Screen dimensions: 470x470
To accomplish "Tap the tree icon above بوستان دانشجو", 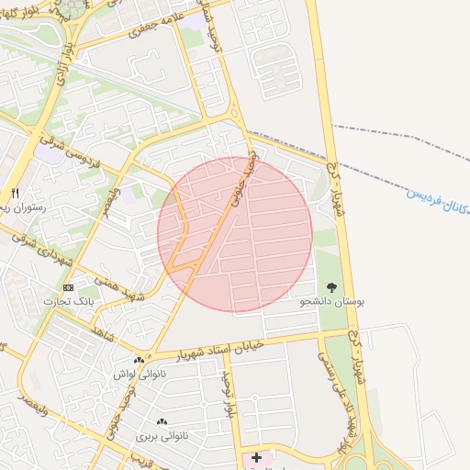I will (x=331, y=286).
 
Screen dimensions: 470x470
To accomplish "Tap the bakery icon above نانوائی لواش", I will (x=139, y=360).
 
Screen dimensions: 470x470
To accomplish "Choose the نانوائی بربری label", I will (x=162, y=435).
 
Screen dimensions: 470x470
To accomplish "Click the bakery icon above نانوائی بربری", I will (x=162, y=421).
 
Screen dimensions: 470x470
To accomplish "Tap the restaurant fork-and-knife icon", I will (x=15, y=193).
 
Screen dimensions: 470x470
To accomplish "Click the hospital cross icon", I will (x=256, y=456).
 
